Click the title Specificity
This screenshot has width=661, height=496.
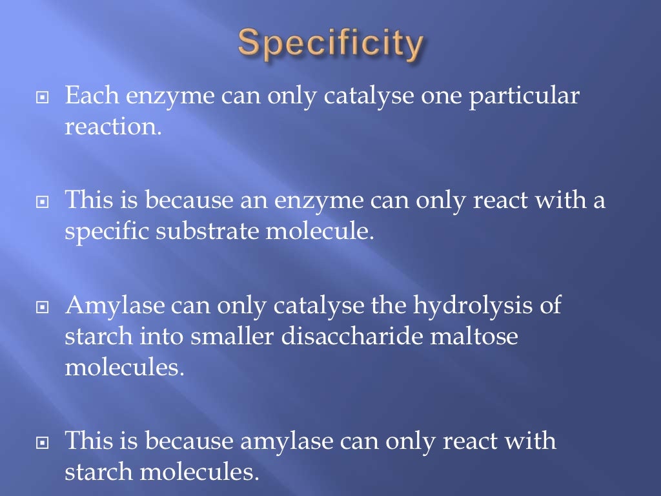(x=330, y=45)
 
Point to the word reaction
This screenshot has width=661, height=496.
(x=112, y=127)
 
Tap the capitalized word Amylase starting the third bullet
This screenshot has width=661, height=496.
(x=114, y=305)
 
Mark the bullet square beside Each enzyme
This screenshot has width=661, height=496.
(x=43, y=98)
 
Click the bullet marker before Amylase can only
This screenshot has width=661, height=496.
(x=43, y=306)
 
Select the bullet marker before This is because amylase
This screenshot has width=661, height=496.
(x=43, y=442)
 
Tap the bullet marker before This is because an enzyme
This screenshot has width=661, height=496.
(x=43, y=201)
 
